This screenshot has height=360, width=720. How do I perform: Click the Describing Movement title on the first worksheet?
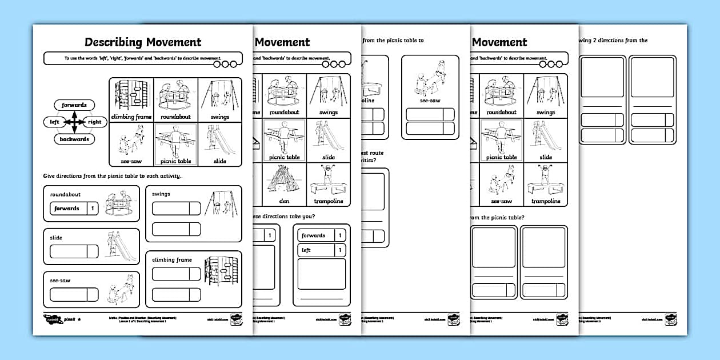pyautogui.click(x=143, y=42)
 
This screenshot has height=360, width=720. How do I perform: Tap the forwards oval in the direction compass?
pyautogui.click(x=74, y=105)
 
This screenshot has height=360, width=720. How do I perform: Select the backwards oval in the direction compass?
pyautogui.click(x=74, y=139)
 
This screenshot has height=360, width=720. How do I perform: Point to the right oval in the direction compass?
pyautogui.click(x=94, y=122)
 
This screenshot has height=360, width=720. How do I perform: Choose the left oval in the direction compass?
pyautogui.click(x=54, y=122)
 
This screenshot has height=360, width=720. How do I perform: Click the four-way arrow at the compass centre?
pyautogui.click(x=74, y=122)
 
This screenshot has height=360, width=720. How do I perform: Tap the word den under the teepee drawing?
pyautogui.click(x=284, y=201)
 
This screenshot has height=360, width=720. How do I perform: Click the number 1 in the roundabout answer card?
pyautogui.click(x=93, y=209)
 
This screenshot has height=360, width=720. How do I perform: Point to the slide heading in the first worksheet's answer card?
pyautogui.click(x=56, y=238)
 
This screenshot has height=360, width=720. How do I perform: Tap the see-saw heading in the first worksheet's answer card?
pyautogui.click(x=59, y=281)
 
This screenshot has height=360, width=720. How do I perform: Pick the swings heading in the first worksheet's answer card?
pyautogui.click(x=161, y=194)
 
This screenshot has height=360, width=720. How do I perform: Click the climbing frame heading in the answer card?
pyautogui.click(x=172, y=260)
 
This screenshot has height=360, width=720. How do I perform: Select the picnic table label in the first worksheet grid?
pyautogui.click(x=175, y=161)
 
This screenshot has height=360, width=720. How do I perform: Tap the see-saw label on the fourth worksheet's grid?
pyautogui.click(x=501, y=201)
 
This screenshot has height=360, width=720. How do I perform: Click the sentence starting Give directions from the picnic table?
pyautogui.click(x=113, y=175)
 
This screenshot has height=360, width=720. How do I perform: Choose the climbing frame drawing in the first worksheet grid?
pyautogui.click(x=131, y=95)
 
